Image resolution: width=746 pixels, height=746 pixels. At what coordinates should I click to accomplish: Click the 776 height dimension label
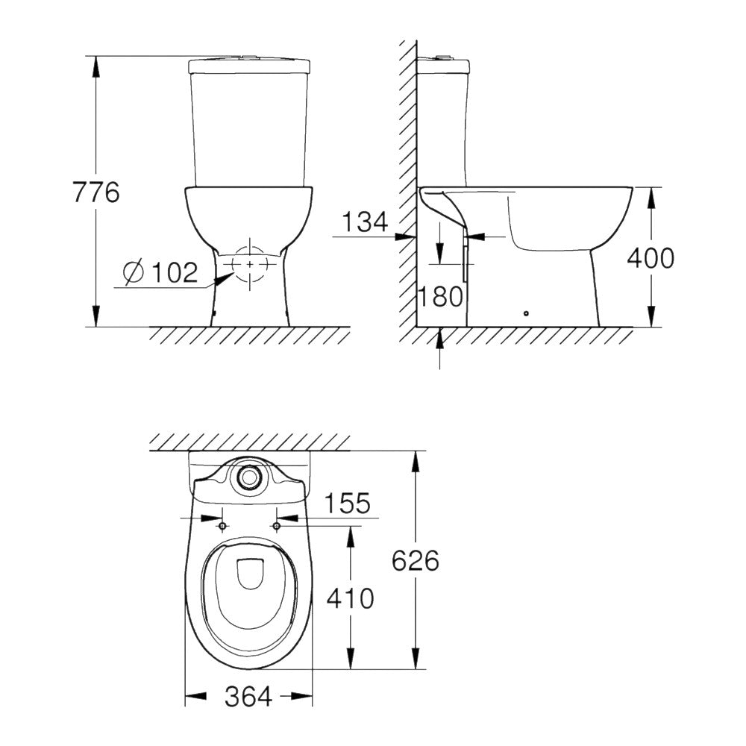coord(96,192)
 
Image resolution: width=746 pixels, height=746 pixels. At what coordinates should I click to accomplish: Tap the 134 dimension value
coord(365,221)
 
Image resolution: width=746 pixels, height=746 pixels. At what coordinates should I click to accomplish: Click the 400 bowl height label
coord(650,258)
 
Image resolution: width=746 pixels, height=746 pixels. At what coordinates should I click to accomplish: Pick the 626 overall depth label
coord(416,559)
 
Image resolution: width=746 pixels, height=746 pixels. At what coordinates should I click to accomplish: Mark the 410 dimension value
coord(350,598)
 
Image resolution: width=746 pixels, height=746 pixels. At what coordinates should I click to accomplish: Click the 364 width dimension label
coord(248,697)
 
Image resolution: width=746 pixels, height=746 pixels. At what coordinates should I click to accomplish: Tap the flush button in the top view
coord(248,478)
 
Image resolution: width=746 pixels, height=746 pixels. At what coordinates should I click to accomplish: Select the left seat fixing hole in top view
coord(222,527)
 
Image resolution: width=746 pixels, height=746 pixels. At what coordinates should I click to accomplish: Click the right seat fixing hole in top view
coord(277,527)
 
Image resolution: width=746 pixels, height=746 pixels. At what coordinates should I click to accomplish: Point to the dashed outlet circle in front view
coord(249,265)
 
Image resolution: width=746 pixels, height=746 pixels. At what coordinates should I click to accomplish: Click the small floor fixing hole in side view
coord(526,313)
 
